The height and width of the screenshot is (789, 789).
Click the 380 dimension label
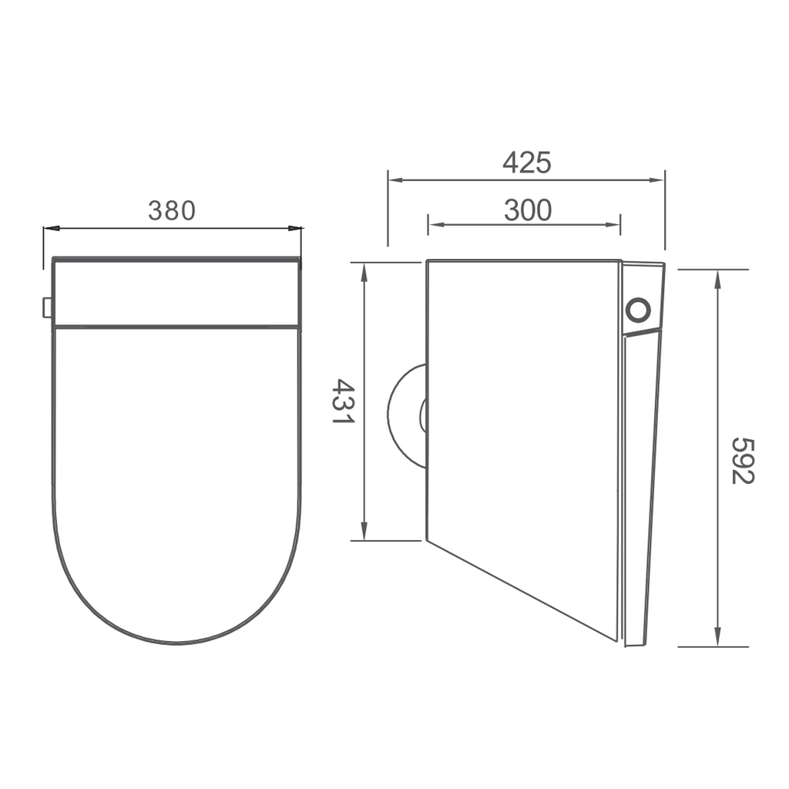point(172,210)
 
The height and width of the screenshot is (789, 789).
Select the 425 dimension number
point(526,163)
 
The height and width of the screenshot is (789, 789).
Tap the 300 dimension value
point(528,210)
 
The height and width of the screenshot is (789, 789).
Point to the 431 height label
point(342,401)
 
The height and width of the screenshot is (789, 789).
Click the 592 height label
point(743,460)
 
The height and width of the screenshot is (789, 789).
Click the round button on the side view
point(638,310)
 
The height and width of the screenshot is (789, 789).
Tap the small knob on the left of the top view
point(47,307)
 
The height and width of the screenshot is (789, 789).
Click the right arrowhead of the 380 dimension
point(296,228)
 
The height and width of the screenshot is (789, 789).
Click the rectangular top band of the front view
point(176,293)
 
